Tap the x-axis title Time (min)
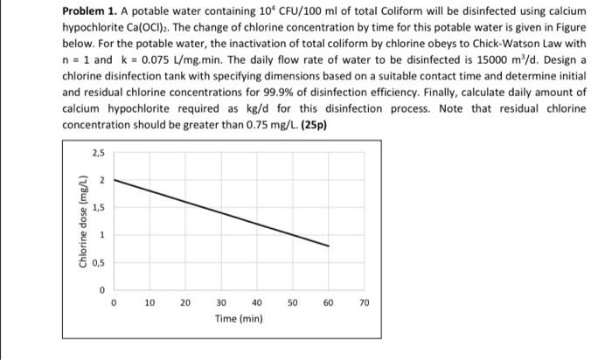[238, 319]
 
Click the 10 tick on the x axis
[150, 302]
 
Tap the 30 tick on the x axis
[221, 302]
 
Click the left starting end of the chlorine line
[115, 180]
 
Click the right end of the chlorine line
[329, 246]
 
